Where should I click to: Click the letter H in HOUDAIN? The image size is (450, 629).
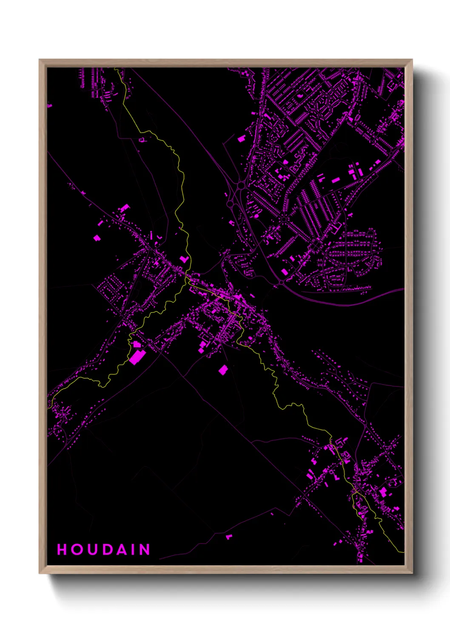coord(62,550)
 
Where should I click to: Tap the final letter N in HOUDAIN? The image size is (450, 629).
coord(145,550)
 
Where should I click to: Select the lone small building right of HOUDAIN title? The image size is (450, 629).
coord(229,537)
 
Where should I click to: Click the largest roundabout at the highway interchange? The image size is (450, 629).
coord(242,185)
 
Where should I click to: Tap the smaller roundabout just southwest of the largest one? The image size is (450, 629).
coord(230,204)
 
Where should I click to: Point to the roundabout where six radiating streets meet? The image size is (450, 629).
coord(284,219)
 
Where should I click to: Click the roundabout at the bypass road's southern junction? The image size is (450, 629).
coord(282,281)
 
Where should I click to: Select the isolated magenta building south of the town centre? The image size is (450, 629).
coord(223,369)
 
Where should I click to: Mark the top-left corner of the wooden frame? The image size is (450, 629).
coord(40,60)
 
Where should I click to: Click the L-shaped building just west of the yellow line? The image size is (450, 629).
coord(184,259)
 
